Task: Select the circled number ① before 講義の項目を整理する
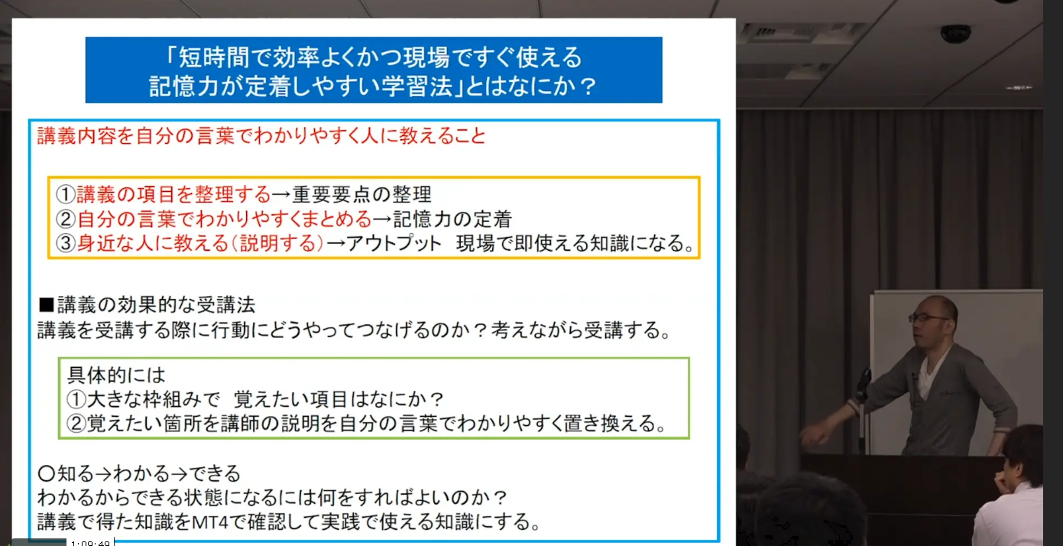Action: pyautogui.click(x=66, y=194)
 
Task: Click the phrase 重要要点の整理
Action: pyautogui.click(x=362, y=194)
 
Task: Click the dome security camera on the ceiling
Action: pyautogui.click(x=955, y=34)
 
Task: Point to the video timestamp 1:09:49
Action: pyautogui.click(x=91, y=542)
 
